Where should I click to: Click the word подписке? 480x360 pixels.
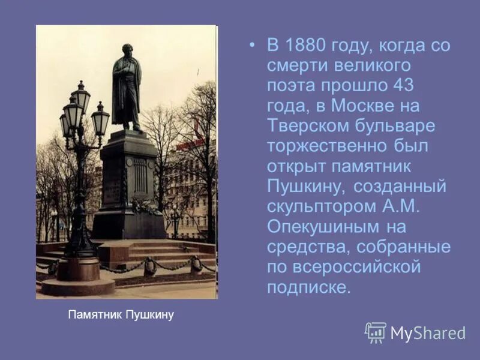tap(308, 287)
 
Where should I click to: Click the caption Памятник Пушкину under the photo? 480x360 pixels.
tap(121, 314)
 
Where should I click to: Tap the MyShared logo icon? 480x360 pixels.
tap(375, 332)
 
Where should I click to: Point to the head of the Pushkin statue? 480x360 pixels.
tap(127, 49)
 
